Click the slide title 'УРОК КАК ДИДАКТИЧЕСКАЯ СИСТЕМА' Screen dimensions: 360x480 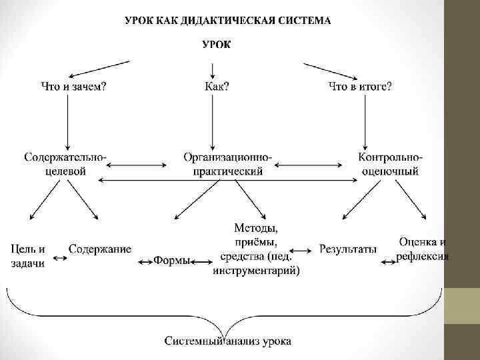228,20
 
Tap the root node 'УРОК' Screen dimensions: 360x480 217,45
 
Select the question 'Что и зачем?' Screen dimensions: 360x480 74,87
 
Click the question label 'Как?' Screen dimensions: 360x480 217,87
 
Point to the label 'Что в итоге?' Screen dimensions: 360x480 360,87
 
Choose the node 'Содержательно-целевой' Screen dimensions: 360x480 65,164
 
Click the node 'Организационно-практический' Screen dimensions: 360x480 227,164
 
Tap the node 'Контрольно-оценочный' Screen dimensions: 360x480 390,164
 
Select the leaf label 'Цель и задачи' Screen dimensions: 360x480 28,256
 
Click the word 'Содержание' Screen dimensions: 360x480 100,249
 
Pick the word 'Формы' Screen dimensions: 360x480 171,260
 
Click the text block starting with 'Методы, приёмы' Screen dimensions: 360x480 257,249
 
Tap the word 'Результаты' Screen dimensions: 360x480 348,249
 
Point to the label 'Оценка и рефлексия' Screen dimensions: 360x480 423,249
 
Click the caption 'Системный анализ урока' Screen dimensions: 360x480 228,342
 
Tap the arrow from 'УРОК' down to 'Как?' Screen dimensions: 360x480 213,69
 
